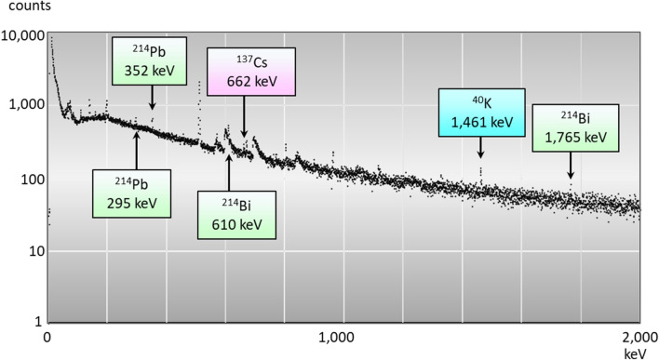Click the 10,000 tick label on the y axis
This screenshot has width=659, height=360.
(x=21, y=36)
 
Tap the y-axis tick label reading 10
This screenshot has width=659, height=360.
(x=32, y=250)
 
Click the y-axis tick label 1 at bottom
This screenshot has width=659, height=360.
(x=36, y=321)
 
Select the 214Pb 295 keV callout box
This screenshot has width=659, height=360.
(x=132, y=193)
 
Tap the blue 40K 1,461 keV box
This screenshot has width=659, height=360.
(x=483, y=113)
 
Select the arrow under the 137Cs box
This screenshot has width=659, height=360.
(x=244, y=116)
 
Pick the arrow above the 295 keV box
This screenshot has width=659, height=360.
(x=136, y=150)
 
